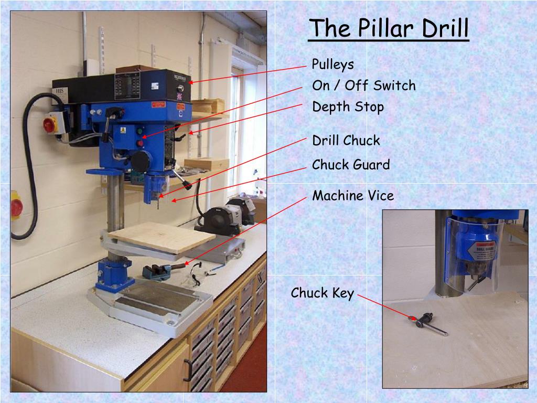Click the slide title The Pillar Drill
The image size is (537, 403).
click(x=389, y=28)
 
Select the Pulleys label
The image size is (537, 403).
click(x=333, y=65)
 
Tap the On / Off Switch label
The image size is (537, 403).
click(x=364, y=86)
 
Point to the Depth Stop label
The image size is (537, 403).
click(x=348, y=107)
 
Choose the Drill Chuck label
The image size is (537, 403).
click(x=346, y=141)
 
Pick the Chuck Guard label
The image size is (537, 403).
click(x=351, y=165)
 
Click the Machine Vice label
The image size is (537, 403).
click(x=353, y=196)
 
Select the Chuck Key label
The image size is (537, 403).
click(x=323, y=293)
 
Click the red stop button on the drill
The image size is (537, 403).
click(x=141, y=143)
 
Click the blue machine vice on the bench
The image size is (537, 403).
click(x=156, y=271)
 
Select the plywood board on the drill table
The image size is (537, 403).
click(x=163, y=236)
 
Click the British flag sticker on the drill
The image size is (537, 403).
click(x=180, y=97)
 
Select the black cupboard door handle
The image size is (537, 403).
click(x=187, y=369)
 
